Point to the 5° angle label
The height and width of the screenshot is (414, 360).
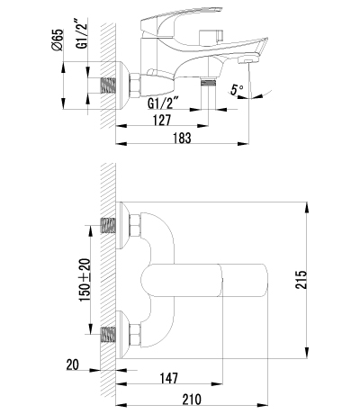[237, 91]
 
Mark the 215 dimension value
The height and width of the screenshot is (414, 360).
[300, 282]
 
